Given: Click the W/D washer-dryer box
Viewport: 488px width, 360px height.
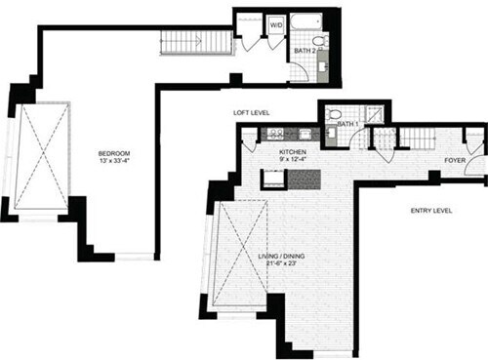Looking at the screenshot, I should point(276,23).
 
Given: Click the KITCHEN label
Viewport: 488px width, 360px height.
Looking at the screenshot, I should point(293,153).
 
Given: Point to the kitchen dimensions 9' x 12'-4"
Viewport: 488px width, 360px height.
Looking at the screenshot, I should point(293,162).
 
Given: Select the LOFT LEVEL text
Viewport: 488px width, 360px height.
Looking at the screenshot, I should point(251,112).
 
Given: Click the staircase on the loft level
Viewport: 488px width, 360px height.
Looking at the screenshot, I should point(183,42).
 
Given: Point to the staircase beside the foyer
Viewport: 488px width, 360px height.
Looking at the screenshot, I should point(421,138).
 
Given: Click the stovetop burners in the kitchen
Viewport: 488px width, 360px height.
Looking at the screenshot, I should point(274,135).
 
